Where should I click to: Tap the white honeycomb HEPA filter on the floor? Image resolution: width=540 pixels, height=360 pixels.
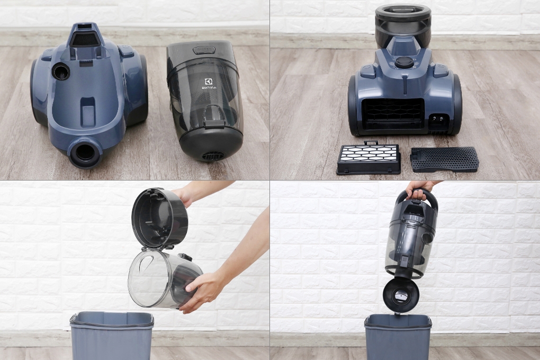click(x=368, y=158)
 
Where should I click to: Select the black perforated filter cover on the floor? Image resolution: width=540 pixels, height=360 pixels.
click(x=444, y=159)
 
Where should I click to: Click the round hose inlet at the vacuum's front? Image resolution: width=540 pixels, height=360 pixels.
click(x=85, y=152)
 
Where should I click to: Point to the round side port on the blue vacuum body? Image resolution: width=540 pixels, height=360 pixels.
click(x=60, y=71)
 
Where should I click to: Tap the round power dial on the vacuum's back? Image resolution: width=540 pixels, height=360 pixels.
click(x=404, y=62)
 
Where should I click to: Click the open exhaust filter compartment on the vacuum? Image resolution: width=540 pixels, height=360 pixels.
click(x=393, y=115)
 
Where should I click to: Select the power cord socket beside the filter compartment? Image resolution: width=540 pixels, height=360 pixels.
click(x=437, y=121)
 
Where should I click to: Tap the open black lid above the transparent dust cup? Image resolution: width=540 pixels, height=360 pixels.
click(x=159, y=218)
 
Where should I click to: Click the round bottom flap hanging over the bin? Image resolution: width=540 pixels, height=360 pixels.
click(x=401, y=294)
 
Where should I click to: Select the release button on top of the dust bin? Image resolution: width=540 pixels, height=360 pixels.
click(x=204, y=50)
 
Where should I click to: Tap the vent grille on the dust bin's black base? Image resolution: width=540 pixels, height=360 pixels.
click(x=212, y=156)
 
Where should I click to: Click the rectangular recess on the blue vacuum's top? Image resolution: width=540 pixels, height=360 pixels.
click(x=88, y=112)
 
